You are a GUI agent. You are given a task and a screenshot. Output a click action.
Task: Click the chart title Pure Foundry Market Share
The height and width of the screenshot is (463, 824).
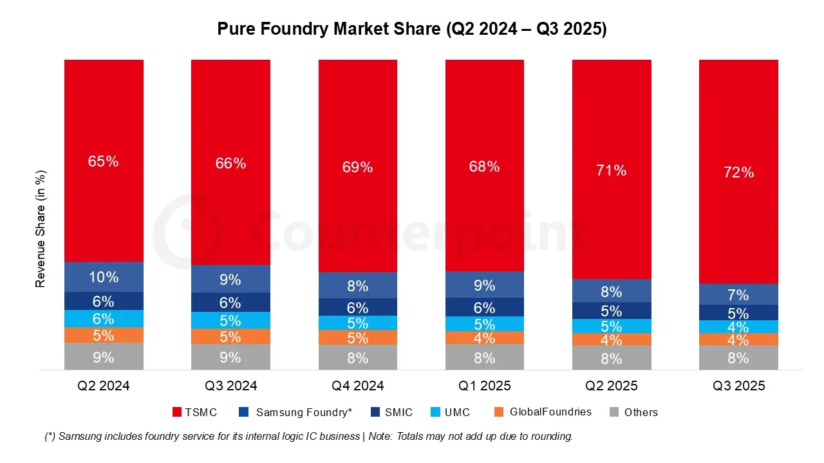pyautogui.click(x=411, y=30)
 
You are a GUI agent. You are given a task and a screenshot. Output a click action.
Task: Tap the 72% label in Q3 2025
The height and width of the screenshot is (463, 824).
pyautogui.click(x=738, y=172)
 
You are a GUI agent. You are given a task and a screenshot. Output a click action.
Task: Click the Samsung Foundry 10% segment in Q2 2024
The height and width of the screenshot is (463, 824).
pyautogui.click(x=104, y=277)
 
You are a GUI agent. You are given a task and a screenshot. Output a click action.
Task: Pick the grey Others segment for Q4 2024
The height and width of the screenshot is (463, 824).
pyautogui.click(x=358, y=358)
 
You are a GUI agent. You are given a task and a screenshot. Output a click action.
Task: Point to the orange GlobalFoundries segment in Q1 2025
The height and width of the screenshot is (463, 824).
pyautogui.click(x=485, y=338)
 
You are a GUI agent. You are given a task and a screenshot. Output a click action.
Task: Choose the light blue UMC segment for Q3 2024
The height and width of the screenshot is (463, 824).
pyautogui.click(x=230, y=320)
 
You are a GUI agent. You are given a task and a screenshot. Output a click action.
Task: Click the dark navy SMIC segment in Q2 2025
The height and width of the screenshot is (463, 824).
pyautogui.click(x=612, y=311)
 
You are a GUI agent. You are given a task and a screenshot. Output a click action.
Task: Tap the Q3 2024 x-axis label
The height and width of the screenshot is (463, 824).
pyautogui.click(x=230, y=386)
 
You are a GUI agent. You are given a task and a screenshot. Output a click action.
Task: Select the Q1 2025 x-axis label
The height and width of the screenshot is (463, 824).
pyautogui.click(x=485, y=386)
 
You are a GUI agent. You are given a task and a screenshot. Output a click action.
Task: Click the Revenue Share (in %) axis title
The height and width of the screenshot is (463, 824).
pyautogui.click(x=41, y=228)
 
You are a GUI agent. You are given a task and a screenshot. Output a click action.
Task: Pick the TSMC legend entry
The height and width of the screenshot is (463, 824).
pyautogui.click(x=196, y=412)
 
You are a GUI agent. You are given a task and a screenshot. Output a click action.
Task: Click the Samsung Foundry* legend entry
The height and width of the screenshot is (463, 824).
pyautogui.click(x=296, y=412)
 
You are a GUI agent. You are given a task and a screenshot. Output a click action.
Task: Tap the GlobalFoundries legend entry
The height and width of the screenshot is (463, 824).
pyautogui.click(x=543, y=412)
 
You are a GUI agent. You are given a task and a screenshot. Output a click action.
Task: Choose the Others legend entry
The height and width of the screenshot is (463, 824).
pyautogui.click(x=633, y=412)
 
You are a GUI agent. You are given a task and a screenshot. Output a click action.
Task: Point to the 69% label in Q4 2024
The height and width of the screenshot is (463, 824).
pyautogui.click(x=358, y=167)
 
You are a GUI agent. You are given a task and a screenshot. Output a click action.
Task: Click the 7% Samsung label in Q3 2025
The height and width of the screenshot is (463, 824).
pyautogui.click(x=738, y=295)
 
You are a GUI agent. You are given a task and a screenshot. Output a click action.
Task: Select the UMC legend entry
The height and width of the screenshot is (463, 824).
pyautogui.click(x=450, y=412)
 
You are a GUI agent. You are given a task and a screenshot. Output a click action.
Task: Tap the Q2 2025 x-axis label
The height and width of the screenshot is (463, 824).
pyautogui.click(x=612, y=386)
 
